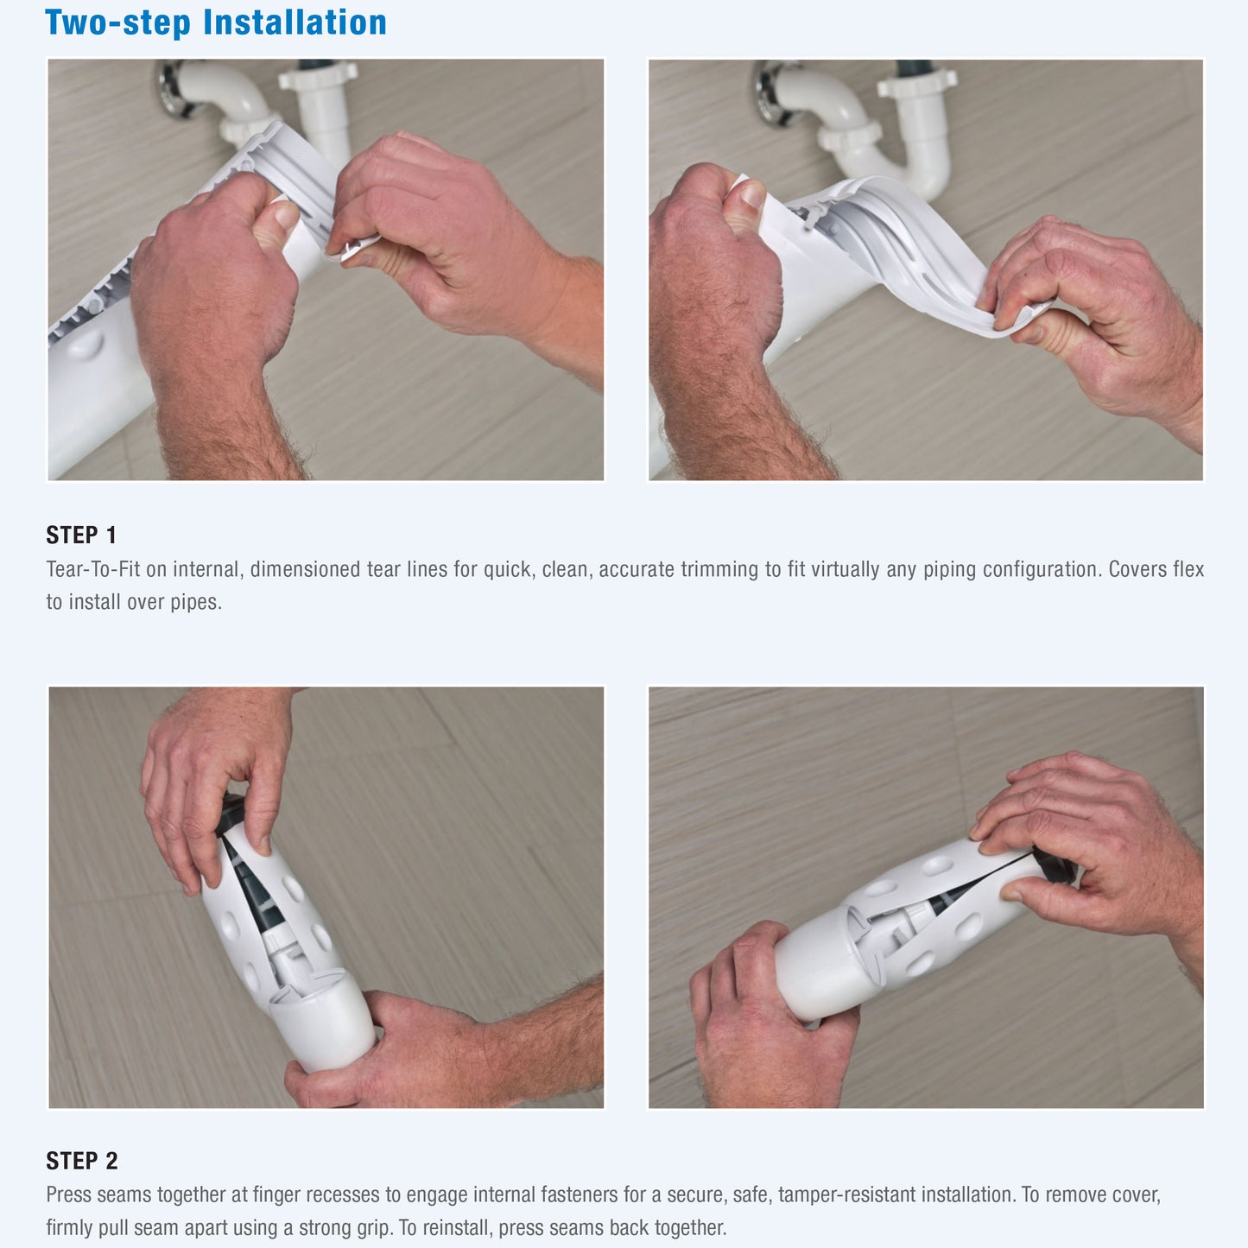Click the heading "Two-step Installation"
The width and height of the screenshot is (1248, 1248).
pos(216,23)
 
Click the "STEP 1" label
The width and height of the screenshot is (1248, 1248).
pos(81,535)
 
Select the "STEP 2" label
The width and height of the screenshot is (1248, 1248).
pos(82,1161)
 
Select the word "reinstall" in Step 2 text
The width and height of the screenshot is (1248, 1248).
pos(457,1227)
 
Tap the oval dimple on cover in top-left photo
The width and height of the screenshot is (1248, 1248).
pos(85,345)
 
